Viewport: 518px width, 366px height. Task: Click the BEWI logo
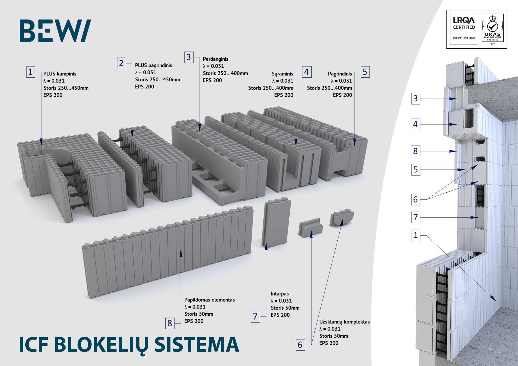(55, 31)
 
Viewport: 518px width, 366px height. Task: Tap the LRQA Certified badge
(464, 29)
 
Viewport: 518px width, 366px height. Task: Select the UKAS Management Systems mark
(492, 29)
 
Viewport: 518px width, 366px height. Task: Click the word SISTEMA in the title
(197, 344)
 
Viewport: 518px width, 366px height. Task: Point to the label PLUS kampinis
(60, 74)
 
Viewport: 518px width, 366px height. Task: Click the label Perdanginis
(215, 59)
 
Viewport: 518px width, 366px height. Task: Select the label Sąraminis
(282, 74)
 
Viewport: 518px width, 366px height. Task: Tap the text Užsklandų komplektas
(344, 322)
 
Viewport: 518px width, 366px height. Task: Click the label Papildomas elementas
(209, 300)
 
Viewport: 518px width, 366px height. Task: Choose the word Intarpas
(280, 294)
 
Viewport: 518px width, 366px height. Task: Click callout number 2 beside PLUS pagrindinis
(121, 63)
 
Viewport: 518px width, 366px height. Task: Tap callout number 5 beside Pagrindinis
(365, 72)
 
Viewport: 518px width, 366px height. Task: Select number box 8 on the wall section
(415, 151)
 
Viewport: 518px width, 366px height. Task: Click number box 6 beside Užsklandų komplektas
(300, 345)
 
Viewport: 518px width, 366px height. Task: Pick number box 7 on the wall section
(415, 217)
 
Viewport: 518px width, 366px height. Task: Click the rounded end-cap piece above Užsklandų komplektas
(342, 218)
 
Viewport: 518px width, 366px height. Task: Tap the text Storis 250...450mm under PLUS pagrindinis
(158, 80)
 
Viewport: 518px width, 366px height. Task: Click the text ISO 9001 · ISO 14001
(464, 38)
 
